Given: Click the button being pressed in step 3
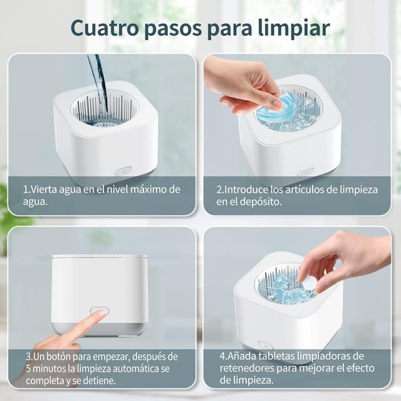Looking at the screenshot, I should pos(99,311).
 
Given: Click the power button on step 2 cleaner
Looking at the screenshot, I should pos(306,172).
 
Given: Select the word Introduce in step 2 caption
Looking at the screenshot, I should pos(247,189).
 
